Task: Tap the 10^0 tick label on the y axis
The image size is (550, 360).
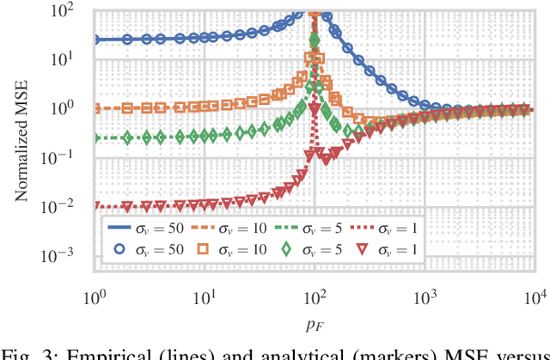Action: tap(74, 109)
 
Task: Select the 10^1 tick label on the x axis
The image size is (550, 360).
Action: tap(205, 296)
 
